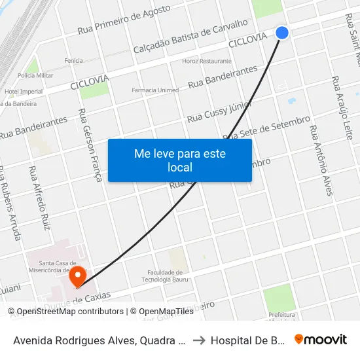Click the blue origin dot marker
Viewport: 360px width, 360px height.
[282, 32]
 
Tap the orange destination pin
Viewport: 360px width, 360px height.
[79, 276]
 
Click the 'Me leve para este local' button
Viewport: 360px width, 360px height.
[179, 160]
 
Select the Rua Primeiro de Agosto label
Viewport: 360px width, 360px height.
[124, 20]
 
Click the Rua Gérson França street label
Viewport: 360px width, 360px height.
[90, 145]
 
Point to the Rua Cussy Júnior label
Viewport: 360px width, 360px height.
[219, 112]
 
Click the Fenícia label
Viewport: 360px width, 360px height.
[73, 61]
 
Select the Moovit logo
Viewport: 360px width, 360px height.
[320, 340]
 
